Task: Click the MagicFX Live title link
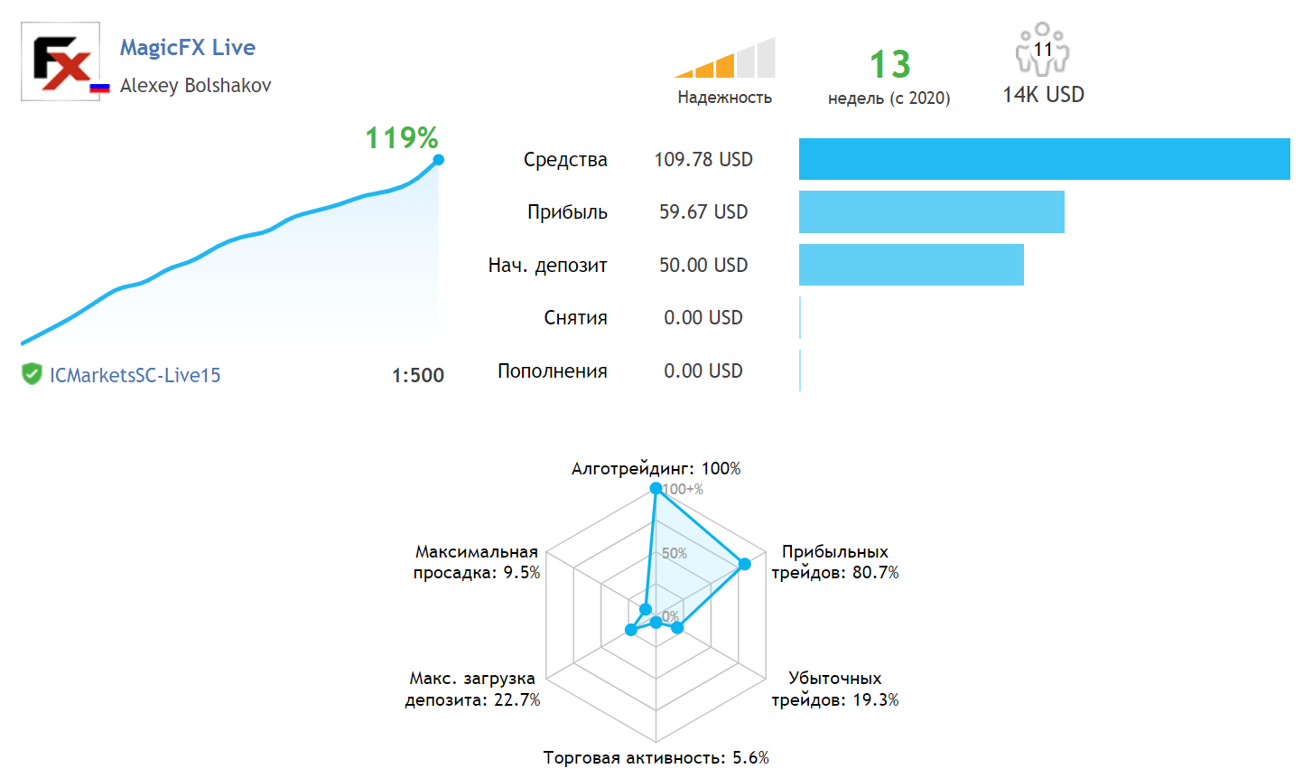[188, 47]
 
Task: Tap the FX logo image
[60, 61]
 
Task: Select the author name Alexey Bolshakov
[195, 86]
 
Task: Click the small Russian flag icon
[99, 88]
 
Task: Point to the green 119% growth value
[401, 138]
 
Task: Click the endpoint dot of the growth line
[439, 160]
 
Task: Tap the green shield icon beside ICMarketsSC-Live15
[32, 374]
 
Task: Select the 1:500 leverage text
[417, 376]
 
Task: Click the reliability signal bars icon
[725, 59]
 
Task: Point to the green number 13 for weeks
[889, 65]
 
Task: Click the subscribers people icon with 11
[1042, 50]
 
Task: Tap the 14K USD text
[1043, 95]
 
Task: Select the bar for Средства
[1044, 159]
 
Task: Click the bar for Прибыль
[931, 211]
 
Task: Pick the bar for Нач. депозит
[911, 265]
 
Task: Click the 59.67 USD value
[703, 212]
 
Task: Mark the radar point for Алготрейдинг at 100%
[656, 488]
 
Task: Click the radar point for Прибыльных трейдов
[745, 564]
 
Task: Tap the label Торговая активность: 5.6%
[656, 757]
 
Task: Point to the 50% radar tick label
[675, 553]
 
